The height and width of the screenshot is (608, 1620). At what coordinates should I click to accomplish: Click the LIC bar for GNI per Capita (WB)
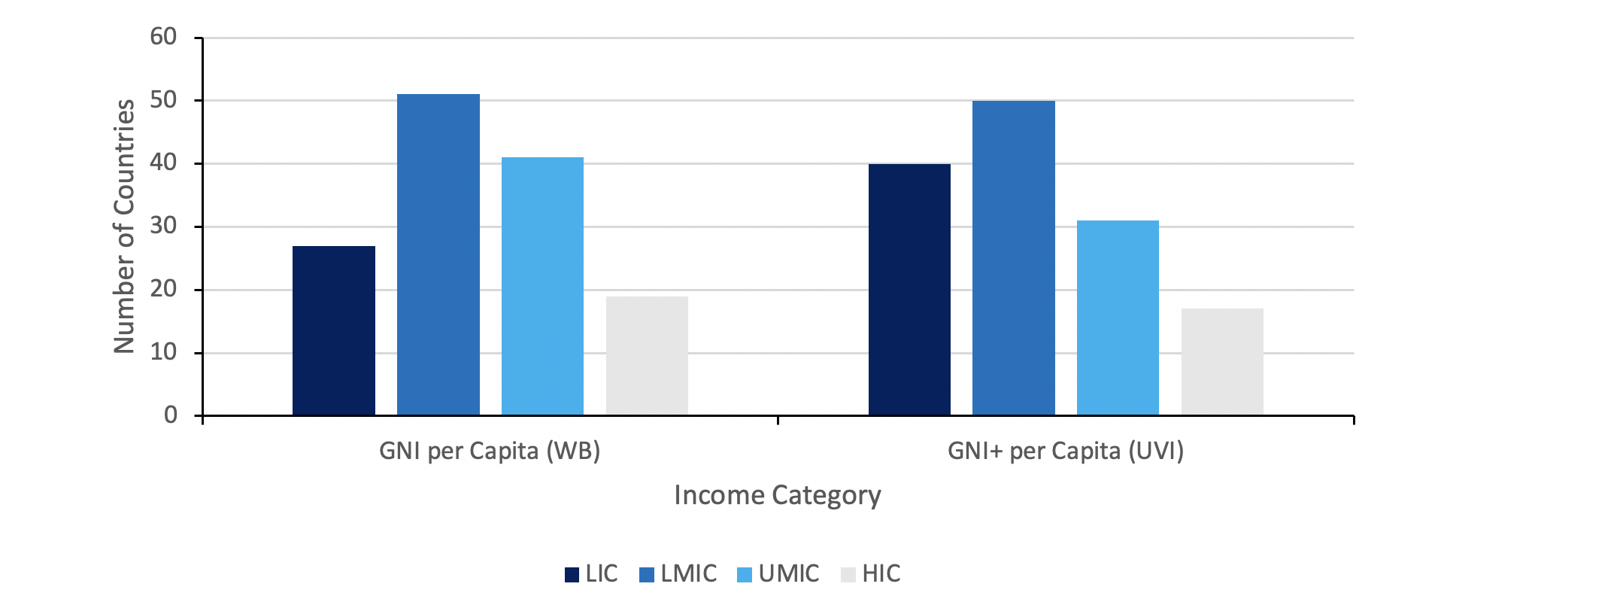point(333,331)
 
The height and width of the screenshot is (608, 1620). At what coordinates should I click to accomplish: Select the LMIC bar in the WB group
point(438,255)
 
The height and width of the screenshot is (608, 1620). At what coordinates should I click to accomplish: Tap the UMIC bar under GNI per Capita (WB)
point(542,287)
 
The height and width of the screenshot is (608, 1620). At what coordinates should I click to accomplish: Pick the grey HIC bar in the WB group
point(647,356)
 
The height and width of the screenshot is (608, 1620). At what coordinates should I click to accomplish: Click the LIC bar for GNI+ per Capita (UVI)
point(909,290)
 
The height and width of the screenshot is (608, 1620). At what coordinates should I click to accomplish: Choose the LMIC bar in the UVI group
point(1013,258)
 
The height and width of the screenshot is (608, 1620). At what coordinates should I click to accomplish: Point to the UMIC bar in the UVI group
point(1118,318)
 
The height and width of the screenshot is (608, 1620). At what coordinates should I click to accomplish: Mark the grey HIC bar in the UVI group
point(1222,362)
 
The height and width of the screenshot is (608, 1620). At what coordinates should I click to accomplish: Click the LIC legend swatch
point(572,575)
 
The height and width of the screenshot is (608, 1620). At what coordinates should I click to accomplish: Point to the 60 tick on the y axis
point(163,37)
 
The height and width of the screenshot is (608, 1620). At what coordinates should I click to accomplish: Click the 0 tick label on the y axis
point(171,415)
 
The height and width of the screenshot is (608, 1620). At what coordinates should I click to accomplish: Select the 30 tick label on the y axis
point(163,226)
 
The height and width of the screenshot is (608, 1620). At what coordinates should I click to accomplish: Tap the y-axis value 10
point(163,352)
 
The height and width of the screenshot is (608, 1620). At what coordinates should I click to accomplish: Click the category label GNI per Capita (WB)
point(490,451)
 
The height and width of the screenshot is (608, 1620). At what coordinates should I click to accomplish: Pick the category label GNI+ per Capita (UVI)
point(1065,451)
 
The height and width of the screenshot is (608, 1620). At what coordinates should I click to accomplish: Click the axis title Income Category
point(777,495)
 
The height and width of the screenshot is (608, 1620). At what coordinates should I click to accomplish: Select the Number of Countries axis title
point(124,226)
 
